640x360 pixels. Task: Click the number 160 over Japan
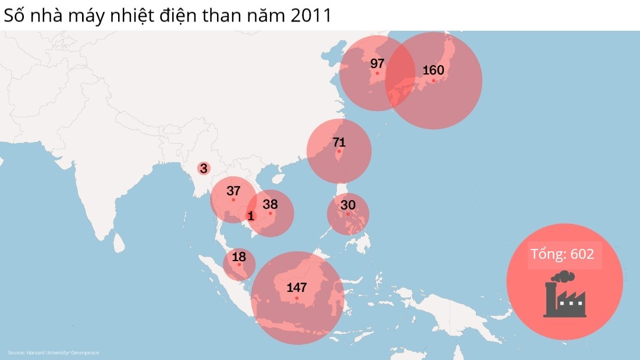coord(433,70)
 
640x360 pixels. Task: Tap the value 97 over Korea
coord(378,63)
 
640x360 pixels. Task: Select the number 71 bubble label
coord(339,142)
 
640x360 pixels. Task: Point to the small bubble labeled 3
coord(203,169)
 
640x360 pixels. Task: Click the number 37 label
coord(233,191)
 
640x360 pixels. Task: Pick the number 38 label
coord(270,204)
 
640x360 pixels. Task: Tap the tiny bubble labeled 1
coord(251,216)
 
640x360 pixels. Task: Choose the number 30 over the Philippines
coord(348,205)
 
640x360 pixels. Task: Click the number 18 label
coord(239,256)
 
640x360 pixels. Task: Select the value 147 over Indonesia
coord(297,287)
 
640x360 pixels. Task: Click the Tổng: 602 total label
coord(564,254)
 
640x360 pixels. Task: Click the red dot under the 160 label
coord(433,81)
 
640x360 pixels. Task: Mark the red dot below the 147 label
coord(297,298)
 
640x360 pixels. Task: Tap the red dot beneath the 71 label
coord(339,152)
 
